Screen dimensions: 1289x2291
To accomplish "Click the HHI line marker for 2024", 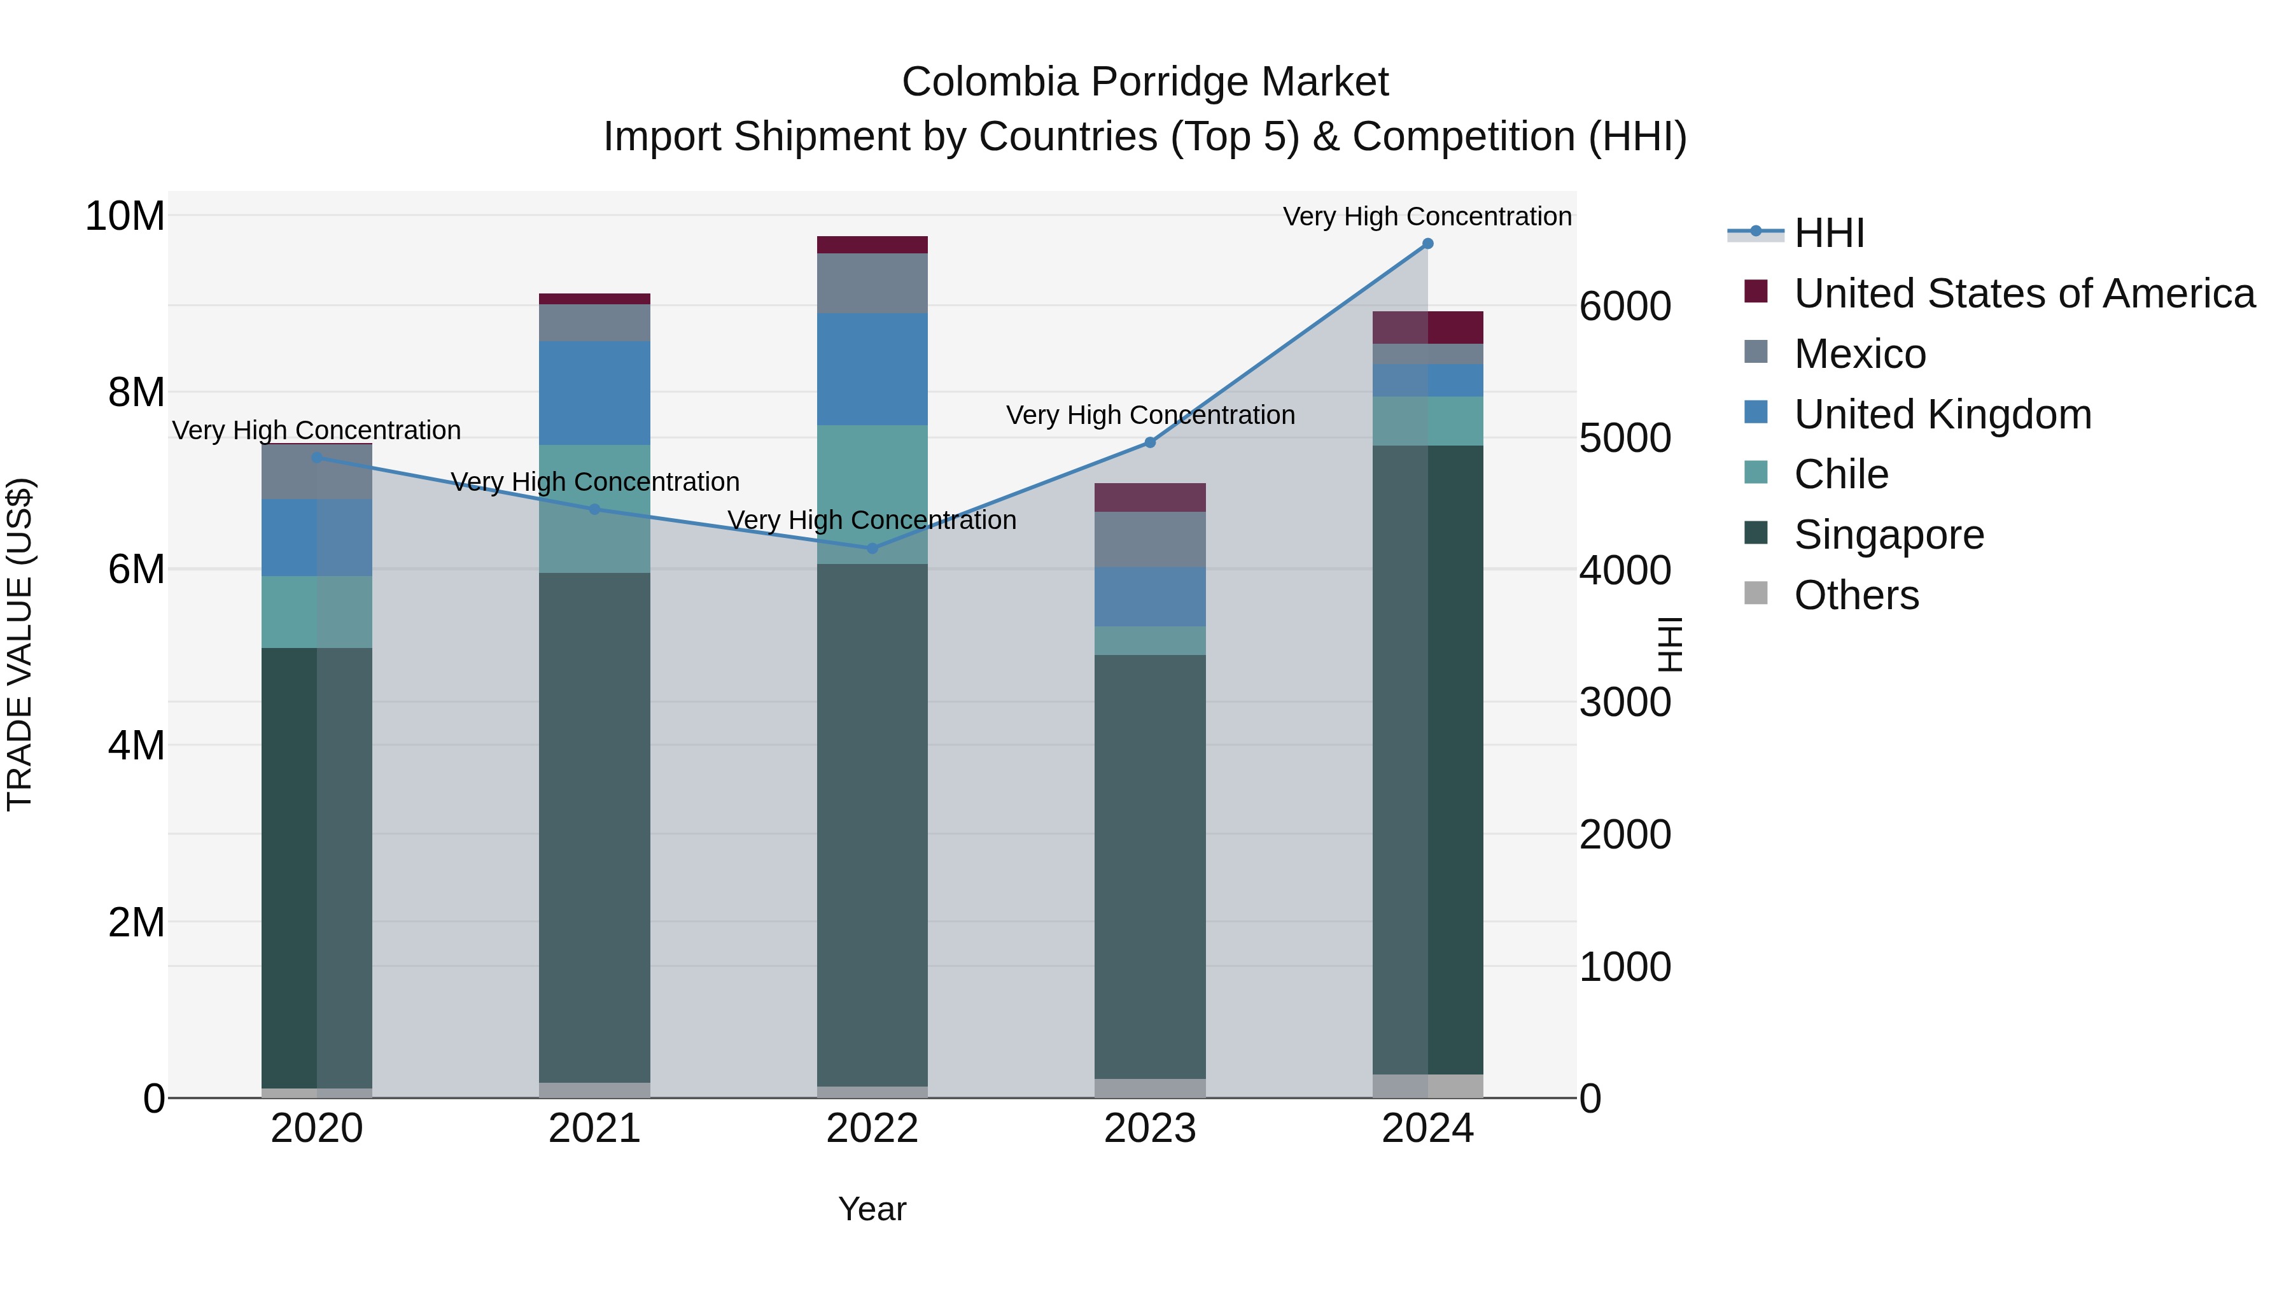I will tap(1427, 244).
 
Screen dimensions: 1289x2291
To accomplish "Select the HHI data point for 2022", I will tap(872, 549).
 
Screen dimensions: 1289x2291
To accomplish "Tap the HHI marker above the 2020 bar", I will tap(318, 458).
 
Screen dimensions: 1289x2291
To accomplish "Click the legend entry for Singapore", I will tap(1888, 535).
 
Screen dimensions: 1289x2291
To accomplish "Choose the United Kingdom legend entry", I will tap(1942, 414).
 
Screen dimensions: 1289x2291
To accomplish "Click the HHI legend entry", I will tap(1828, 233).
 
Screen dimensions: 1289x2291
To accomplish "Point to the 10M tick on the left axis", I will tap(125, 216).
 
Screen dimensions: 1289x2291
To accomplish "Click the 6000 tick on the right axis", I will tap(1625, 307).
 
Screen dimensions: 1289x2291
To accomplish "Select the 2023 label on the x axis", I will tap(1150, 1129).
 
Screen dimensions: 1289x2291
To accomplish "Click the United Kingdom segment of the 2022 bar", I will tap(872, 369).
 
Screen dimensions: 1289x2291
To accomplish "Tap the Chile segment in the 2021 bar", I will tap(595, 508).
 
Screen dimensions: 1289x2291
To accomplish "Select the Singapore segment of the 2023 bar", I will tap(1150, 868).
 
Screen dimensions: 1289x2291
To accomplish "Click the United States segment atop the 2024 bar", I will tap(1427, 327).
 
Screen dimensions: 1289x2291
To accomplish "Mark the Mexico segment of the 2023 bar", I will tap(1150, 539).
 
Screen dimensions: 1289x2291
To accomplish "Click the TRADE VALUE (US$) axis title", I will tap(20, 644).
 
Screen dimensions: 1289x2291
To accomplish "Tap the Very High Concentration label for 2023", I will tap(1150, 416).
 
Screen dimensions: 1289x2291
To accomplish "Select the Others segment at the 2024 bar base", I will tap(1427, 1086).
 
